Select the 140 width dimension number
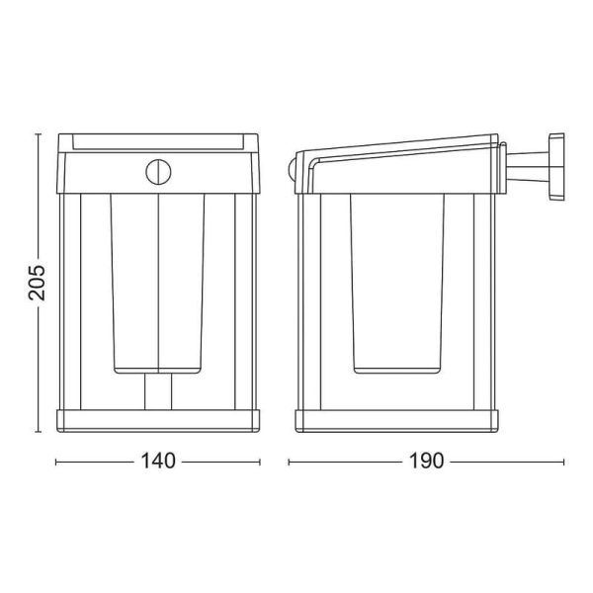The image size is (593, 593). coord(158,462)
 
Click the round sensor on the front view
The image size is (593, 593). coord(157,171)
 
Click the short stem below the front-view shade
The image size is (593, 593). coord(158,389)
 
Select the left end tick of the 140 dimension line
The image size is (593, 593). coord(55,462)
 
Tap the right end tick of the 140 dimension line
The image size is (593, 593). coord(260,462)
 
